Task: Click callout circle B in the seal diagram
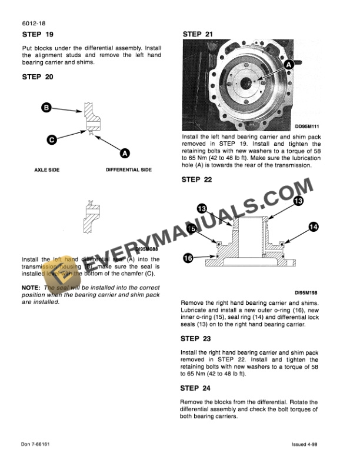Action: click(x=46, y=107)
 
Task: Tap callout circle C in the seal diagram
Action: click(x=51, y=139)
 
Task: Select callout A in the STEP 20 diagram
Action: click(x=125, y=153)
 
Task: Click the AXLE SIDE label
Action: click(x=43, y=170)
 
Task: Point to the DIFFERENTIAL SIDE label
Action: click(x=128, y=170)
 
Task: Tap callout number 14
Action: click(x=313, y=226)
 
